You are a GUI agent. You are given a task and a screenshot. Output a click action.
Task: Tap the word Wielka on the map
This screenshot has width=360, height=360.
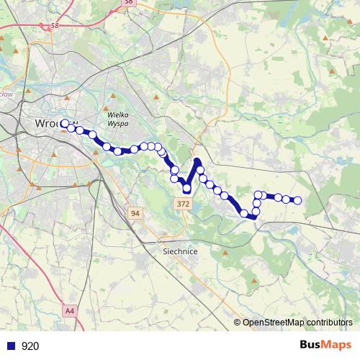pos(117,114)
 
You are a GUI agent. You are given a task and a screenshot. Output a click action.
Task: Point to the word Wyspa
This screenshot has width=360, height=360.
pos(117,123)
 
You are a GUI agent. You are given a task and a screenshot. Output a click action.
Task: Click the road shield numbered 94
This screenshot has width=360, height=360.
pos(135,213)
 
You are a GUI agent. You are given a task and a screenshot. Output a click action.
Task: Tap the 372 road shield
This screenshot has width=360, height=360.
pos(182,205)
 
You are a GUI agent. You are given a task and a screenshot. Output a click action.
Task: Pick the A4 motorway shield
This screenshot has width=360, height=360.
pos(70,311)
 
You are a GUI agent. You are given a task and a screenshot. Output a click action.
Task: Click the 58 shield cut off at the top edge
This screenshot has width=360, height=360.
pos(128,2)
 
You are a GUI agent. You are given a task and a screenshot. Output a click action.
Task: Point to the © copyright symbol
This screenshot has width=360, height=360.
pos(237,323)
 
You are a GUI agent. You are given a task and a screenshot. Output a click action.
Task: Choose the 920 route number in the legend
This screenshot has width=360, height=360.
pos(30,346)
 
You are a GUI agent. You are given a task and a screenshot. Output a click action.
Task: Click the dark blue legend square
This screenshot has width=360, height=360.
pos(11,346)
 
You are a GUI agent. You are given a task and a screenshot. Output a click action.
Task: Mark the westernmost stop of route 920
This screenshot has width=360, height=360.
pos(65,123)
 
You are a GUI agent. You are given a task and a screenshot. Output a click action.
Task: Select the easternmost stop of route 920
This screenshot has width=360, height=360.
pos(297,200)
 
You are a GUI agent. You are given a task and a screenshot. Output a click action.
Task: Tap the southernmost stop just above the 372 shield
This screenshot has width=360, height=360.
pos(186,189)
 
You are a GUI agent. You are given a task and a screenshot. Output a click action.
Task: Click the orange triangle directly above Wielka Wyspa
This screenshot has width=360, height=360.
pos(112,97)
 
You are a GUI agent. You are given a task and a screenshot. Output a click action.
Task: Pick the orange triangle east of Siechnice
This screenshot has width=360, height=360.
pos(225,253)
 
